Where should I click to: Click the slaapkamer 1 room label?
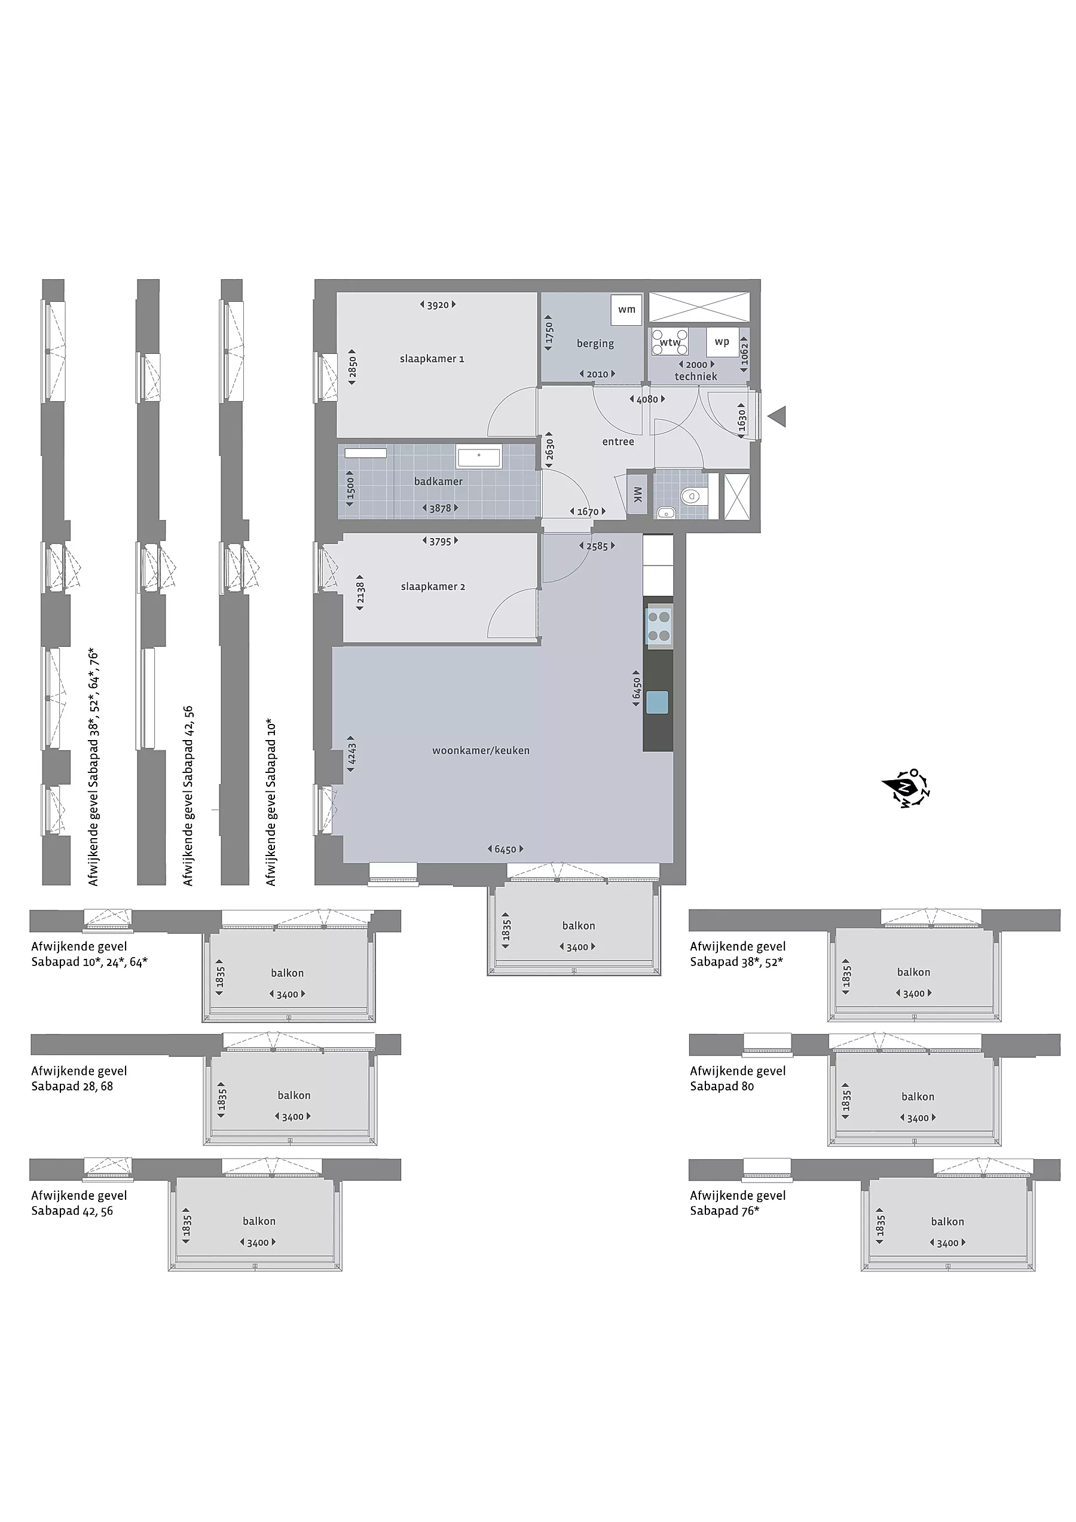coord(432,359)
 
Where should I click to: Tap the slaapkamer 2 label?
coord(433,586)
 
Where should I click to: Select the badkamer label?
coord(438,481)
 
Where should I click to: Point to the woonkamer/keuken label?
coord(481,750)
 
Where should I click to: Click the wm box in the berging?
coord(626,310)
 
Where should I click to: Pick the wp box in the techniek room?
coord(722,342)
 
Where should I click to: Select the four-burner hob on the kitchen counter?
coord(659,626)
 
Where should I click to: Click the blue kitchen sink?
coord(658,701)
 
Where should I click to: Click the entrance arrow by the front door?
coord(777,417)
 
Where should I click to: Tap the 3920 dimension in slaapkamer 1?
coord(438,305)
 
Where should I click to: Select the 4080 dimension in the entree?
coord(647,399)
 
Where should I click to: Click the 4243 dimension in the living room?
coord(351,754)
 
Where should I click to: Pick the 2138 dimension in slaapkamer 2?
coord(360,592)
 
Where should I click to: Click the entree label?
coord(618,442)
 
